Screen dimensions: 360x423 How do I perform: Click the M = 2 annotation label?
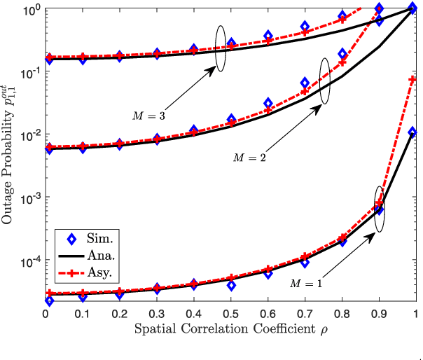(x=249, y=157)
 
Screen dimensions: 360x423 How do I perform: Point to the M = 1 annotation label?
(x=305, y=284)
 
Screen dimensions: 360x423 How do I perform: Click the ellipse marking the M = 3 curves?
(x=221, y=48)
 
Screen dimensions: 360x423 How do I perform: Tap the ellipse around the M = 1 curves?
(x=380, y=209)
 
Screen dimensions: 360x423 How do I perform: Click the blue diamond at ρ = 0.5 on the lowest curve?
(x=231, y=285)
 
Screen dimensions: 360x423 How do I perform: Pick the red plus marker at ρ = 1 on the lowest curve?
(x=415, y=81)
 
